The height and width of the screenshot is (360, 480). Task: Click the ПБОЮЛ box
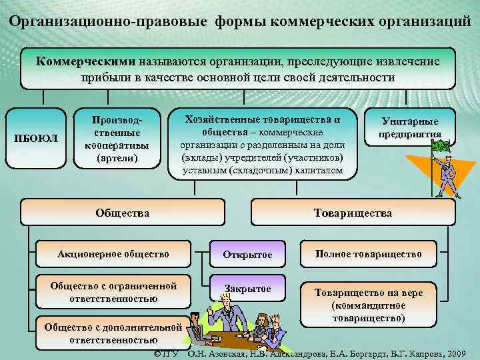coord(42,138)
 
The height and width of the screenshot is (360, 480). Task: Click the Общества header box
coord(122,213)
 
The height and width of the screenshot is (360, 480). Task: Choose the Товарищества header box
coord(353,213)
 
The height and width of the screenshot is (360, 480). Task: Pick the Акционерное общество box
coord(113,254)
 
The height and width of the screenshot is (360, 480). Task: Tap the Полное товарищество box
coord(369,254)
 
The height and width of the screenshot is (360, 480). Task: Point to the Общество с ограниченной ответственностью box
coord(113,292)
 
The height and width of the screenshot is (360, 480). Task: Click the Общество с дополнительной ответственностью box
coord(112,333)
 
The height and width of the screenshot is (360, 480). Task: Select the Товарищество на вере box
coord(368,305)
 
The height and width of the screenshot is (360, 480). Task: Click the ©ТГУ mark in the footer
coord(166,352)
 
